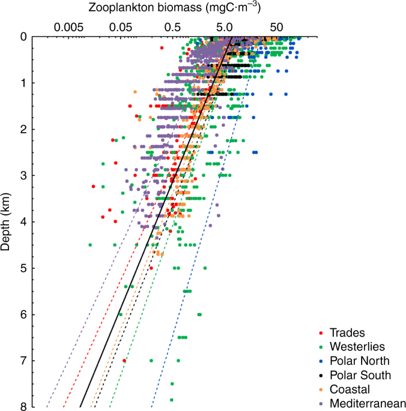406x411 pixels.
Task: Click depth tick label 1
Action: point(22,83)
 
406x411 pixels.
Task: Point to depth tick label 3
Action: point(22,175)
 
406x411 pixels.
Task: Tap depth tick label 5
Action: point(22,268)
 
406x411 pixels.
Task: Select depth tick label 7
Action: point(22,360)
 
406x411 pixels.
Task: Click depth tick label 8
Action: point(22,406)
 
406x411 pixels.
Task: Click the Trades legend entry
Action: point(348,333)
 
